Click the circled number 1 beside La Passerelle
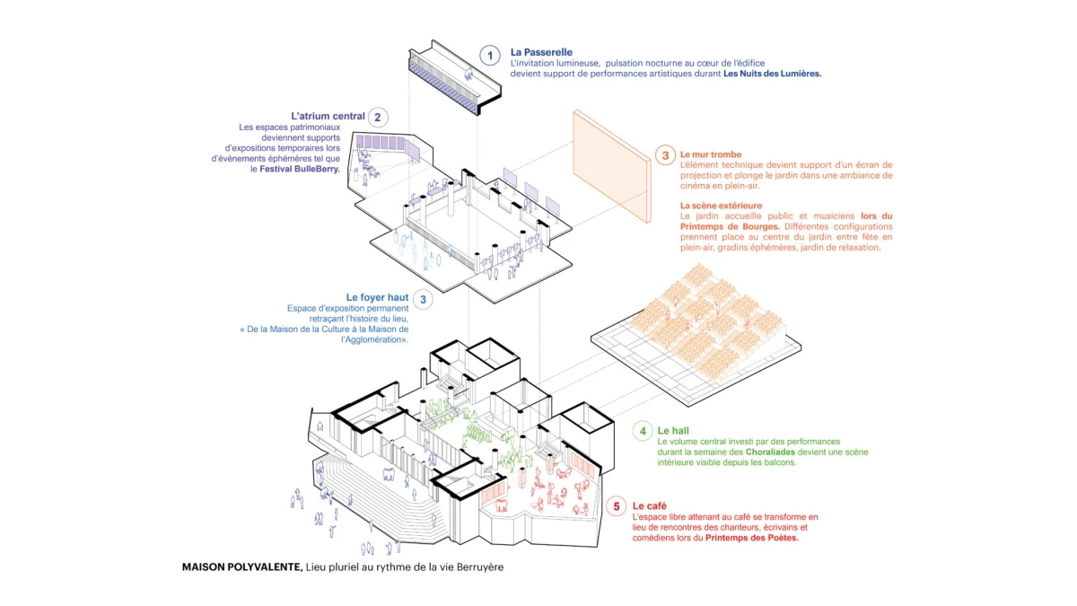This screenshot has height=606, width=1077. coord(489,56)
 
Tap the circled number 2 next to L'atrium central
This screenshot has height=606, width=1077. coord(379,117)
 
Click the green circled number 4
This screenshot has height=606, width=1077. coord(643,432)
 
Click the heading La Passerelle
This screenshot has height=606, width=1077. coord(541,52)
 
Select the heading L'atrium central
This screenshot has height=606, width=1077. coord(328,117)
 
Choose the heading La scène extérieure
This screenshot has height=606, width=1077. coord(721,206)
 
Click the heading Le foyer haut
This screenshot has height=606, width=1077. coord(377,297)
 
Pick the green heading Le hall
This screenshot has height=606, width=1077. coord(673,431)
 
